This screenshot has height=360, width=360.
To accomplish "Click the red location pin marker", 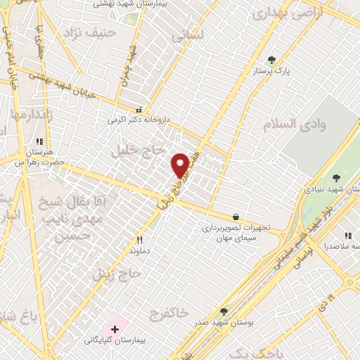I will click(180, 165).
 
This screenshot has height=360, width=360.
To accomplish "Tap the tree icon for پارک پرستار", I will click(272, 60).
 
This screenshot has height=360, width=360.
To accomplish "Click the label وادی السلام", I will click(295, 124).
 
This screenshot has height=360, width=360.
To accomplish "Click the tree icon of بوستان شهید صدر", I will click(224, 311).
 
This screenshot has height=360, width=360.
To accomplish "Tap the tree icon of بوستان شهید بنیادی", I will click(335, 178).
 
